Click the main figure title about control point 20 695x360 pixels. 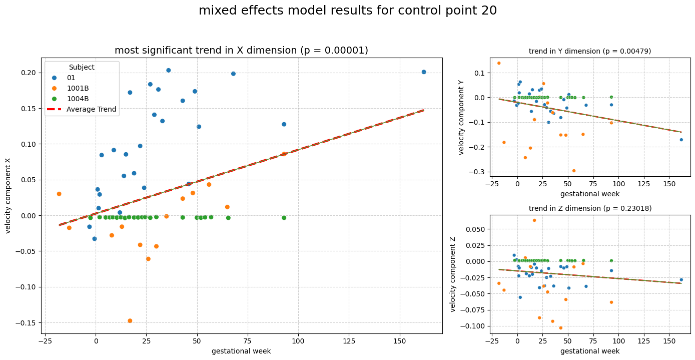pyautogui.click(x=347, y=11)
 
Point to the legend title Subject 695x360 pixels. pyautogui.click(x=82, y=67)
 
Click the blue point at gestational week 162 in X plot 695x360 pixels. pyautogui.click(x=424, y=72)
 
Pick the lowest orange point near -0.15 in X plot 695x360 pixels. pyautogui.click(x=130, y=321)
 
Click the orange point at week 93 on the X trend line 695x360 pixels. pyautogui.click(x=284, y=154)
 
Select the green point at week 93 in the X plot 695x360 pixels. pyautogui.click(x=284, y=218)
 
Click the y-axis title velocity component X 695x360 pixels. pyautogui.click(x=8, y=196)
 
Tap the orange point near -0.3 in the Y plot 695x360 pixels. pyautogui.click(x=574, y=171)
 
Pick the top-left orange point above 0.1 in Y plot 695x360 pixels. pyautogui.click(x=499, y=63)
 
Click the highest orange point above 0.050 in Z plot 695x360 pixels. pyautogui.click(x=534, y=220)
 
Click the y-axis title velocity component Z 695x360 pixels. pyautogui.click(x=453, y=274)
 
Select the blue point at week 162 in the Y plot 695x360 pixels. pyautogui.click(x=681, y=140)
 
